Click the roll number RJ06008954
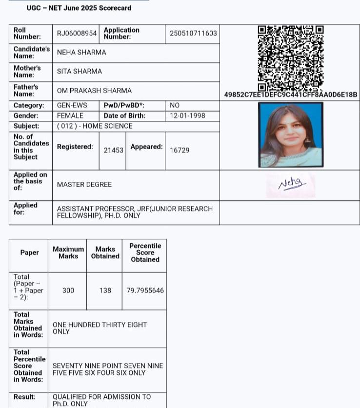77,33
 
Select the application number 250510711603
193,33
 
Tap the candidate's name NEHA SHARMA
81,52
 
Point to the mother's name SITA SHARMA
80,71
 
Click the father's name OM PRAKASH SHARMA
94,90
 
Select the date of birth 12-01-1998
187,116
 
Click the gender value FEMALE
70,116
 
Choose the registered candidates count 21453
114,150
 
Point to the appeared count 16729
180,150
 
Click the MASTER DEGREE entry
84,184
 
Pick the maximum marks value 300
68,290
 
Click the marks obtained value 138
105,290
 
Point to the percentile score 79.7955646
145,290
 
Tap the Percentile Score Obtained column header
145,253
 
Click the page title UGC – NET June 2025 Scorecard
79,8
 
